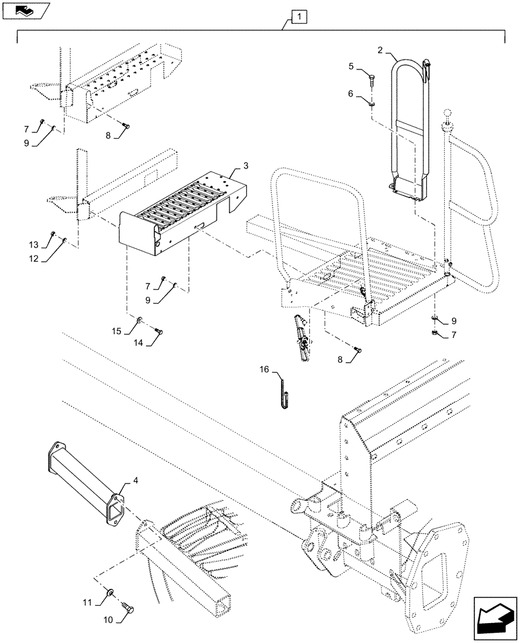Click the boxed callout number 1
300,15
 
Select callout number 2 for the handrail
380,50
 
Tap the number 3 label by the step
247,166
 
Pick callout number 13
33,243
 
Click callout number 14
139,343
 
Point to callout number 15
116,331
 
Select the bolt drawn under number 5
372,80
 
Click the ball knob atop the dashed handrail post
447,114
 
